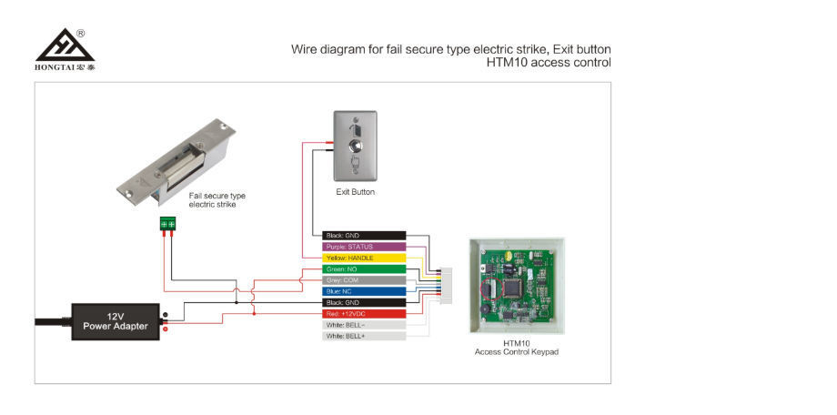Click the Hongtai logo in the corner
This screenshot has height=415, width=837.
(65, 49)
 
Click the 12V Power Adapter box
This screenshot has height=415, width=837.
(116, 321)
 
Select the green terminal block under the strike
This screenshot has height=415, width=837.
(167, 223)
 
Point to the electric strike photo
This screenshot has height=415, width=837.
(176, 160)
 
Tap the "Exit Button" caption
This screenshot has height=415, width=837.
(355, 192)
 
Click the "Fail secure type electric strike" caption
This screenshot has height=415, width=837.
(217, 200)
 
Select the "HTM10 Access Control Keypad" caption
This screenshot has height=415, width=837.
(516, 348)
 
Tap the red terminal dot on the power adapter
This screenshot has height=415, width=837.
(166, 328)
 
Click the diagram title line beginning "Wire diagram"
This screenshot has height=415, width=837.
(450, 49)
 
